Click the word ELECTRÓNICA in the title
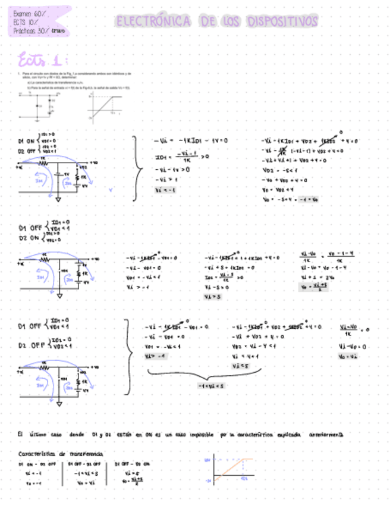point(153,23)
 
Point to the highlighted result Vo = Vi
point(349,356)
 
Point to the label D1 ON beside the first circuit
point(28,141)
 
